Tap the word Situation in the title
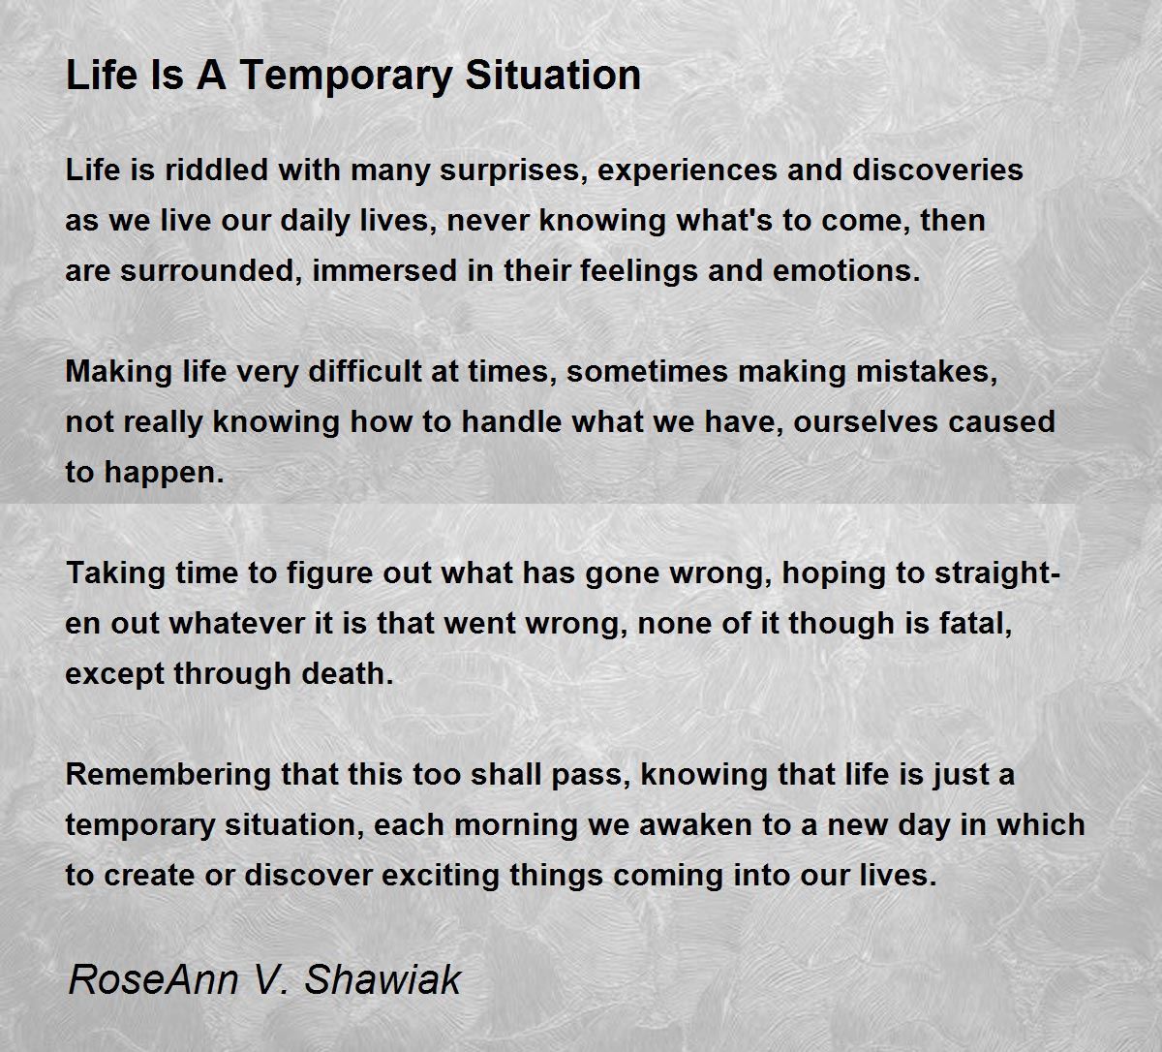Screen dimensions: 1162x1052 coord(553,76)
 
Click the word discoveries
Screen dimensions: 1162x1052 coord(937,170)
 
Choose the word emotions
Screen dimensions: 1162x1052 coord(846,271)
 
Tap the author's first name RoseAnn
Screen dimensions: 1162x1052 coord(153,979)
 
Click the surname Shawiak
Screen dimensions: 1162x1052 coord(382,979)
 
